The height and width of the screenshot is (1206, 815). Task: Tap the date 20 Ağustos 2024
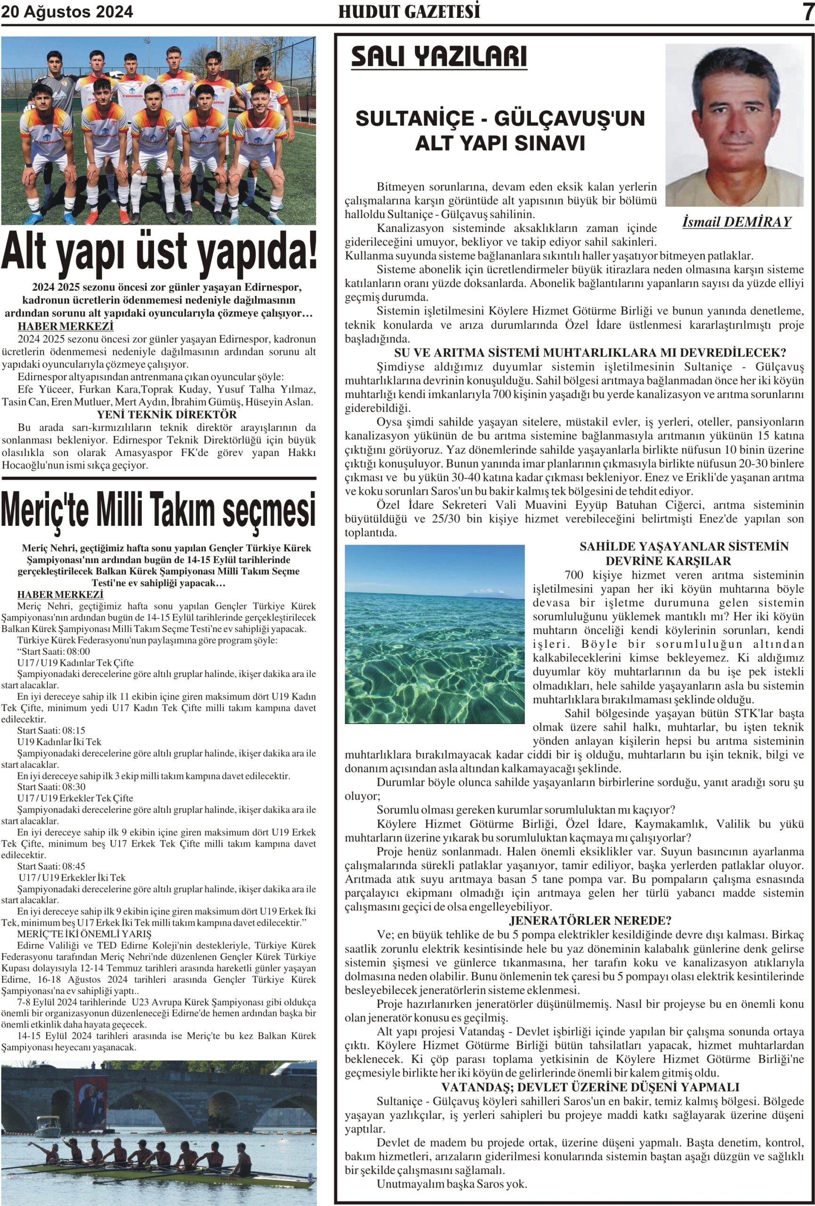pyautogui.click(x=67, y=11)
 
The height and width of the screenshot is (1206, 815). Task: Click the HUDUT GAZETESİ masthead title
pyautogui.click(x=409, y=11)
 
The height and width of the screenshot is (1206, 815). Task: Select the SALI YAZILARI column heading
pyautogui.click(x=439, y=57)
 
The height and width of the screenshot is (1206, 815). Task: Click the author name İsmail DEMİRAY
pyautogui.click(x=737, y=222)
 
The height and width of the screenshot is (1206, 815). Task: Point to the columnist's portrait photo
pyautogui.click(x=734, y=124)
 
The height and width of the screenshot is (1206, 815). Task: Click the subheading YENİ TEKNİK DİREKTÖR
pyautogui.click(x=166, y=415)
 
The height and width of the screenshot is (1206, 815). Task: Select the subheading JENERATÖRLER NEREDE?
pyautogui.click(x=590, y=921)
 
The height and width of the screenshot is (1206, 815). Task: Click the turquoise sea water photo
pyautogui.click(x=435, y=634)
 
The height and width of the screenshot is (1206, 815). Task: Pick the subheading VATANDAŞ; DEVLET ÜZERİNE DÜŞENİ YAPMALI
pyautogui.click(x=590, y=1087)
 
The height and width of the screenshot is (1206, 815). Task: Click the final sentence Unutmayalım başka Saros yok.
pyautogui.click(x=451, y=1184)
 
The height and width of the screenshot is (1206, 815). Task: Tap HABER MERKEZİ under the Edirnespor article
pyautogui.click(x=65, y=326)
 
